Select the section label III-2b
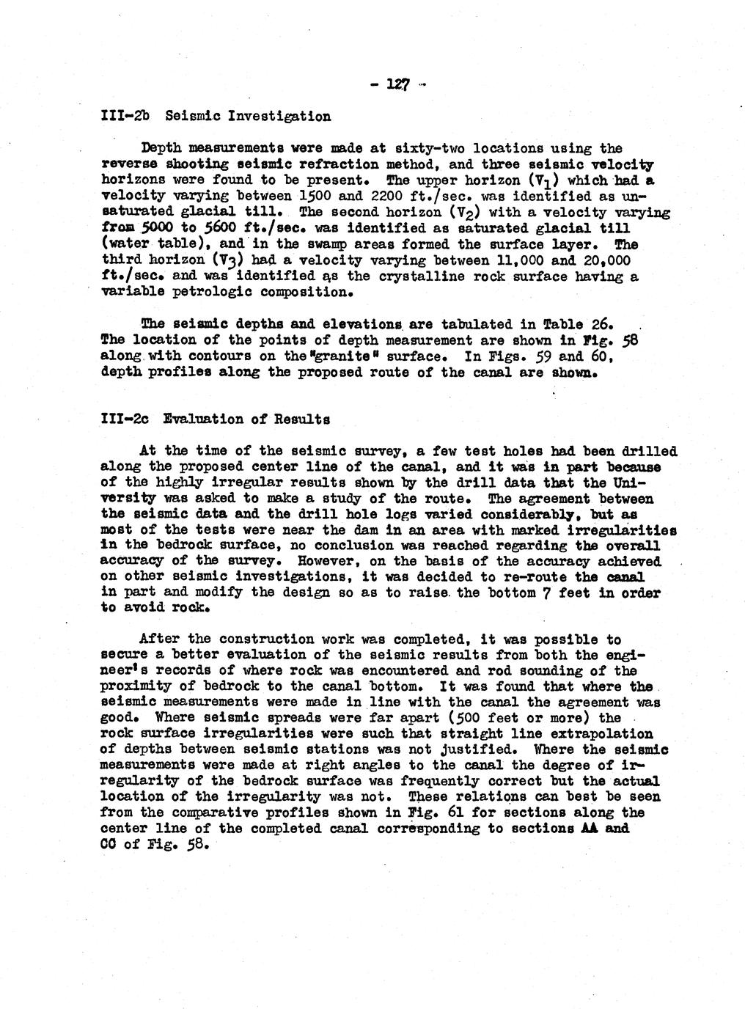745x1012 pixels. click(x=123, y=115)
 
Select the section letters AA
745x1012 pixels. click(x=590, y=829)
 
